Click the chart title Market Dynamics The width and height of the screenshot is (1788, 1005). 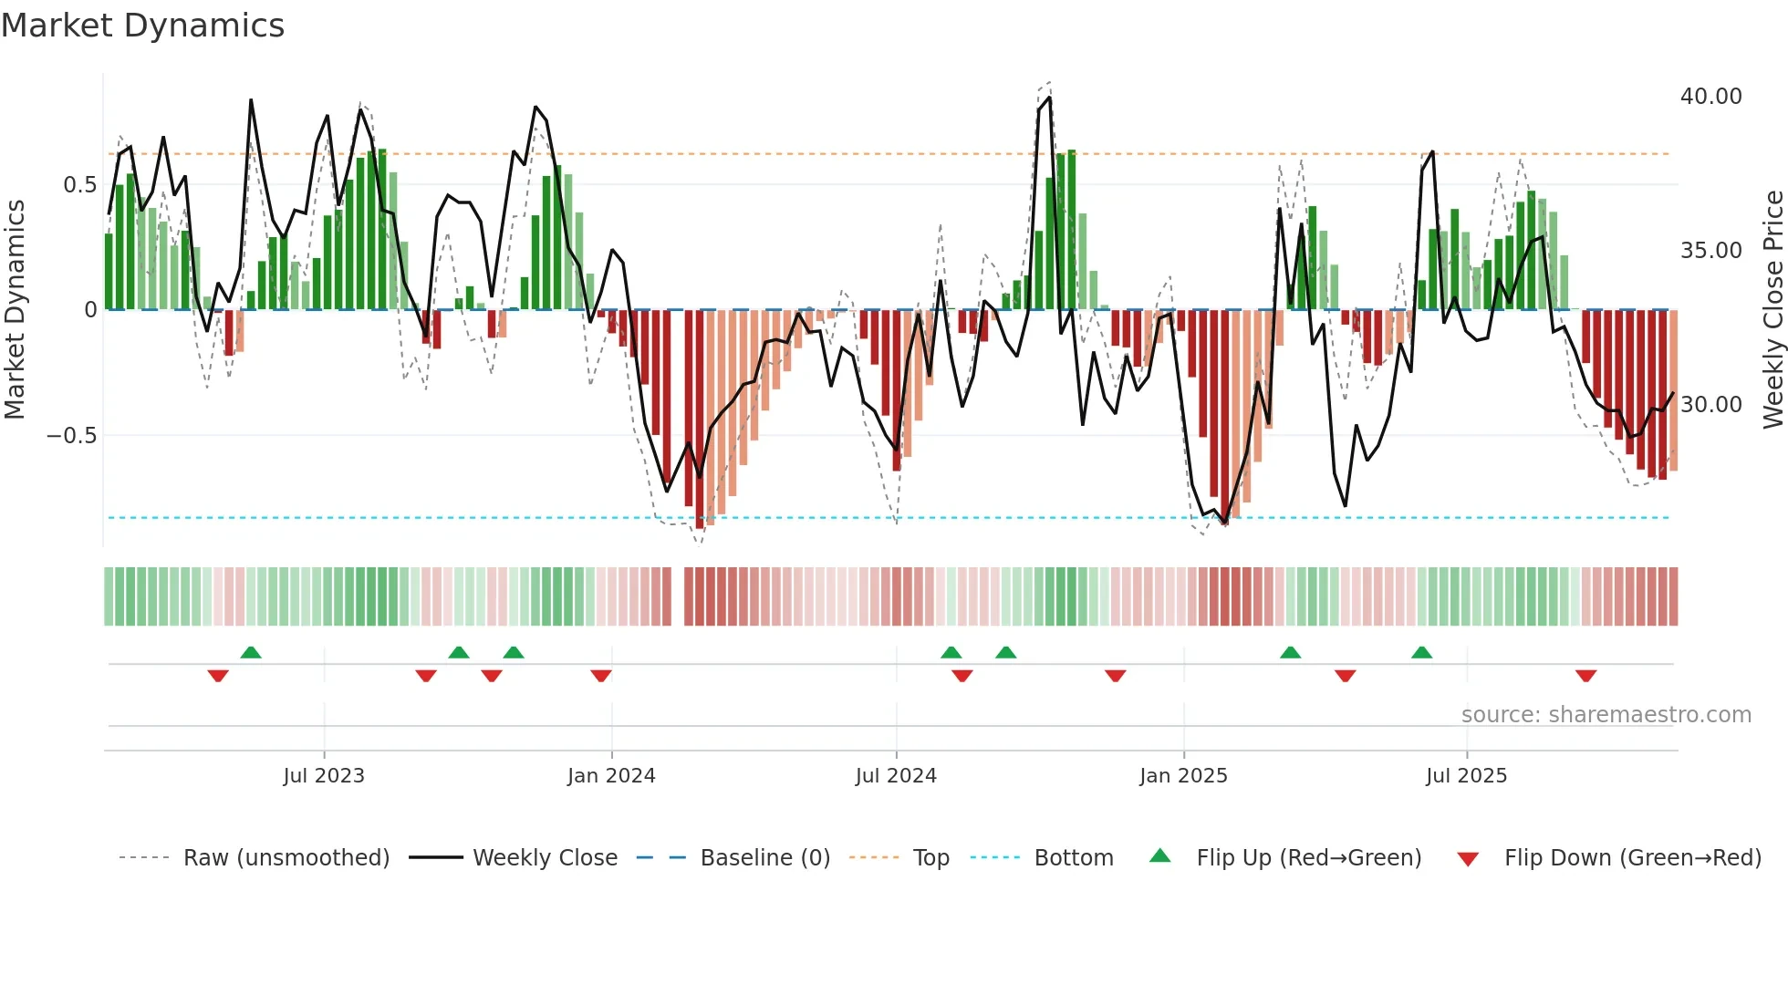142,26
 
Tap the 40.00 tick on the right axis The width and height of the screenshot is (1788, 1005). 1710,97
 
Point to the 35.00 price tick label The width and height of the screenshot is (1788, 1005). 1710,251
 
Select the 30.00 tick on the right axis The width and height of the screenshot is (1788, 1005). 1710,405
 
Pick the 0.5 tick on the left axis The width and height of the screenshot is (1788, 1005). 79,185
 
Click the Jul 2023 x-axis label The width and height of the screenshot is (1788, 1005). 323,776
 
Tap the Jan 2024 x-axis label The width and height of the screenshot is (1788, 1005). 610,776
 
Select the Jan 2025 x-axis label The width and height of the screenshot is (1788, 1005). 1182,776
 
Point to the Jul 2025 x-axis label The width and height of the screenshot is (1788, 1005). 1465,776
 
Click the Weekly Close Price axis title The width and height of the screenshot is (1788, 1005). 1772,310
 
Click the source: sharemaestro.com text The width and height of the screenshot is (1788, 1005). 1606,715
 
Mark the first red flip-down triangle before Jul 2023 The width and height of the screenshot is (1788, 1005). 217,676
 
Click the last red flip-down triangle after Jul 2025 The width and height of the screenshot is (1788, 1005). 1585,676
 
